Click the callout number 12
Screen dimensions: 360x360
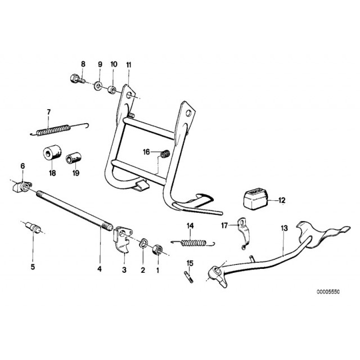tap(282, 200)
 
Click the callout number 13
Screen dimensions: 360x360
tap(284, 228)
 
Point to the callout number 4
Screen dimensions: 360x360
tap(100, 269)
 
